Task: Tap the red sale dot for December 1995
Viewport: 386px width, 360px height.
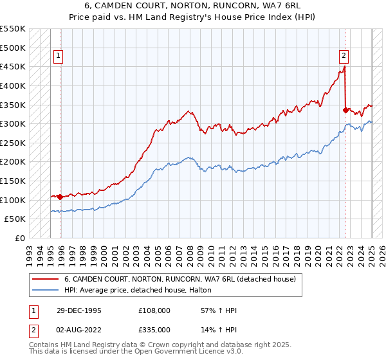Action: (60, 197)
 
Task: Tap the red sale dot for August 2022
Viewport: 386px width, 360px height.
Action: (345, 110)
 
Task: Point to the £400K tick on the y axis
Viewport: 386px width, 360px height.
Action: (14, 85)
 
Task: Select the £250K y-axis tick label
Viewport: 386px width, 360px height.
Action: (14, 143)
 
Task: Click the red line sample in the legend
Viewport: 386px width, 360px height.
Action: (44, 279)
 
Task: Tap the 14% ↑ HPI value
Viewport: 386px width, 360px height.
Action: (219, 329)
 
